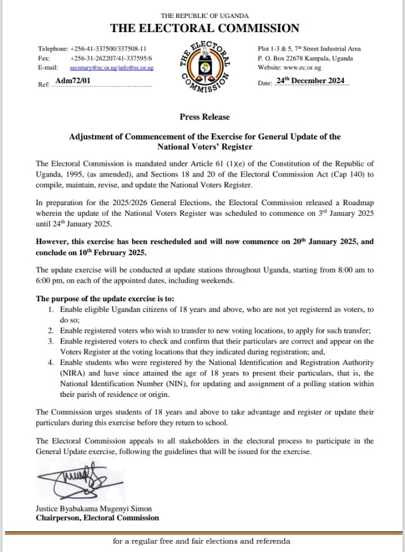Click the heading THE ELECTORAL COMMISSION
(205, 28)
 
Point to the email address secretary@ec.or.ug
(93, 67)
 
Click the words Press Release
(205, 117)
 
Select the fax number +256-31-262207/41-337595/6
(115, 58)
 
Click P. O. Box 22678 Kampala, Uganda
(305, 58)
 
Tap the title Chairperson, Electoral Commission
(97, 518)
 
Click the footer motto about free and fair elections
(201, 541)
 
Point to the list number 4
(51, 363)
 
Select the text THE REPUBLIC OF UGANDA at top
(205, 16)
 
